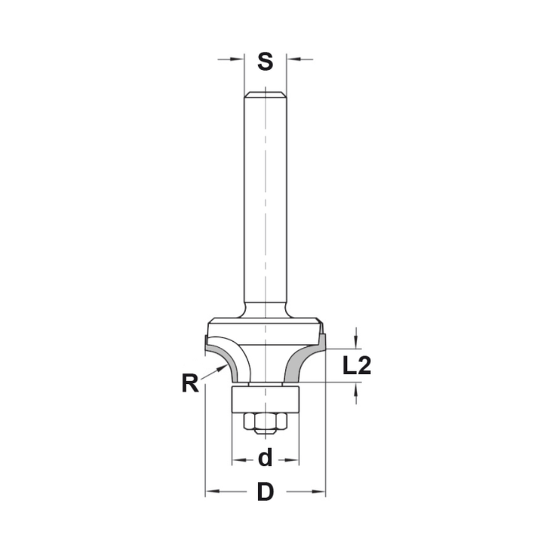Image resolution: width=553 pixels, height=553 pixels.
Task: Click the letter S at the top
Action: pyautogui.click(x=265, y=61)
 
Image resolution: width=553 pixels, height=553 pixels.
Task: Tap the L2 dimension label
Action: pyautogui.click(x=356, y=366)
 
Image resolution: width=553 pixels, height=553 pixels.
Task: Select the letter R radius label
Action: pyautogui.click(x=190, y=383)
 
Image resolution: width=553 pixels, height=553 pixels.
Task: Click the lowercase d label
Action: pyautogui.click(x=265, y=458)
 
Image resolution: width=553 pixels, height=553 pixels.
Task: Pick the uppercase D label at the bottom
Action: pyautogui.click(x=265, y=492)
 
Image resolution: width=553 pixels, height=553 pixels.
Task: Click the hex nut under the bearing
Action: pyautogui.click(x=265, y=422)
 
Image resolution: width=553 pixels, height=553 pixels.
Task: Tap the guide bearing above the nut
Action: pyautogui.click(x=265, y=398)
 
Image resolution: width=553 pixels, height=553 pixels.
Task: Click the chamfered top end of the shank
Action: pyautogui.click(x=265, y=95)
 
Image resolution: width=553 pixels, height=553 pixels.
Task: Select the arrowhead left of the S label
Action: pyautogui.click(x=238, y=59)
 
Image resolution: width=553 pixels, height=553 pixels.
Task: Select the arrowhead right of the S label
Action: pyautogui.click(x=291, y=59)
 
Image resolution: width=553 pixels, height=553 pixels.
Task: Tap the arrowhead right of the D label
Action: pyautogui.click(x=320, y=491)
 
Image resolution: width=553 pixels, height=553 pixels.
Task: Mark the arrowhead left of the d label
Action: pyautogui.click(x=237, y=460)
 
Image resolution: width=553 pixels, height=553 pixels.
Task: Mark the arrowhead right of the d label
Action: pyautogui.click(x=294, y=460)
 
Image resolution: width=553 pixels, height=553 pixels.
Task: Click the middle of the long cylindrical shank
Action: pyautogui.click(x=265, y=199)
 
